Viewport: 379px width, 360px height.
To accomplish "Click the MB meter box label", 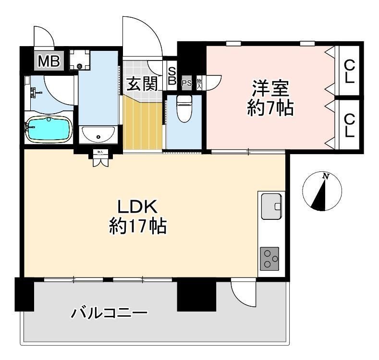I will pyautogui.click(x=49, y=61).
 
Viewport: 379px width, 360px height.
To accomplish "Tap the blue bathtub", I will pyautogui.click(x=48, y=130).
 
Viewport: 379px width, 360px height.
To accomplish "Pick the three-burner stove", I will pyautogui.click(x=271, y=260).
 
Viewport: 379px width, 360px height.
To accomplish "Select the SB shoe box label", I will pyautogui.click(x=171, y=75).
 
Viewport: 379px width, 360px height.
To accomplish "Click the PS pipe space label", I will pyautogui.click(x=187, y=84).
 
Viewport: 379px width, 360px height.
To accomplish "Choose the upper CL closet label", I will pyautogui.click(x=349, y=72).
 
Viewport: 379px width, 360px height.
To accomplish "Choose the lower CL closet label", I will pyautogui.click(x=349, y=126).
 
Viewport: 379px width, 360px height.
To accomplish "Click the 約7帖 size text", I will pyautogui.click(x=270, y=109).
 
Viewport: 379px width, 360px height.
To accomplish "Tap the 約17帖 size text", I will pyautogui.click(x=137, y=226).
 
